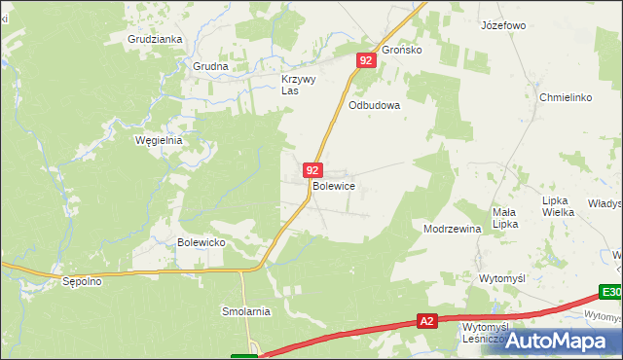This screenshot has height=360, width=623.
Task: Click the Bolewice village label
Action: click(333, 185)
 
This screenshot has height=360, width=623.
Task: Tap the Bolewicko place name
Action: click(202, 242)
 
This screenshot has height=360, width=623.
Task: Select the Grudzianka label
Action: click(155, 40)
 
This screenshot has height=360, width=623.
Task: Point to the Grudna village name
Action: click(210, 67)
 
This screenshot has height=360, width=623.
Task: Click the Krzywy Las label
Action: click(298, 85)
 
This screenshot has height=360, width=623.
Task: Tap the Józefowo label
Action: click(503, 25)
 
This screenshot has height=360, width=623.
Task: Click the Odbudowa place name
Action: click(375, 106)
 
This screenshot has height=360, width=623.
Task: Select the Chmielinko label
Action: click(566, 97)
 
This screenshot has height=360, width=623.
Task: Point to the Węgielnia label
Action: click(159, 140)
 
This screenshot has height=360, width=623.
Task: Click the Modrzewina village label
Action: click(453, 230)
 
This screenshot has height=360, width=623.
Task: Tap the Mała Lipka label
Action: click(504, 218)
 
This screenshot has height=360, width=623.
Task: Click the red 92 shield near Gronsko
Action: click(365, 60)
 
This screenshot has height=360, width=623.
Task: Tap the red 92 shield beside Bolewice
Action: click(311, 169)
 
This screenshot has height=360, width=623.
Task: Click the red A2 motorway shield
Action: click(426, 319)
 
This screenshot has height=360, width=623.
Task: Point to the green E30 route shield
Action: click(610, 292)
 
